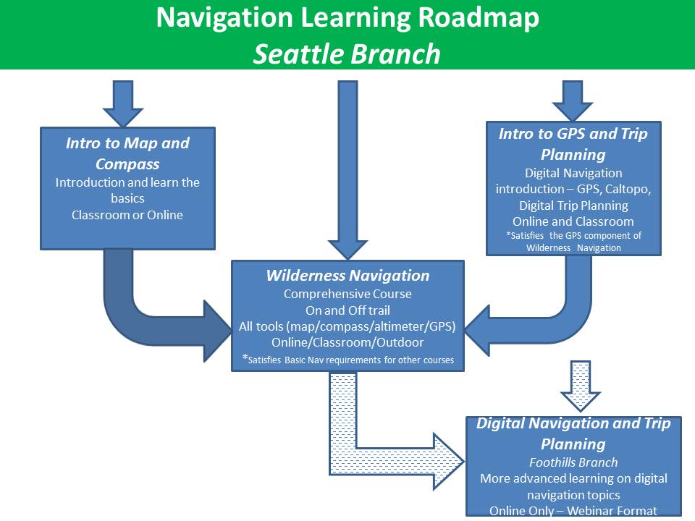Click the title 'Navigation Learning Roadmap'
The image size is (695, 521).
(347, 19)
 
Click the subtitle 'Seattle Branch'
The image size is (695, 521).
(347, 54)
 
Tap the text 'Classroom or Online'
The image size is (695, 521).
(127, 214)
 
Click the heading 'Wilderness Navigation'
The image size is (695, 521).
(347, 276)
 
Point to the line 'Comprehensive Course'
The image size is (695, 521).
(347, 294)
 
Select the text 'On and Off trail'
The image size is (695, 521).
(347, 310)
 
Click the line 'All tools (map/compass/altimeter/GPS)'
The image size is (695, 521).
(347, 326)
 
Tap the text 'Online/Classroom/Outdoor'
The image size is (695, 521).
(347, 342)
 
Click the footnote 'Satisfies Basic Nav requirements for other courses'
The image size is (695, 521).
(352, 360)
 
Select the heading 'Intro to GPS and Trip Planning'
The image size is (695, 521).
(573, 143)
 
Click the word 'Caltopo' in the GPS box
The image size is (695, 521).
(628, 189)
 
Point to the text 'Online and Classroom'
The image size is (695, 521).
(573, 221)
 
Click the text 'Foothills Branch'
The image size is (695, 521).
(573, 462)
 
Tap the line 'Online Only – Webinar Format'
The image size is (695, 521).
(573, 511)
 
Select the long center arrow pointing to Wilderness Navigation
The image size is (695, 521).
(347, 166)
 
